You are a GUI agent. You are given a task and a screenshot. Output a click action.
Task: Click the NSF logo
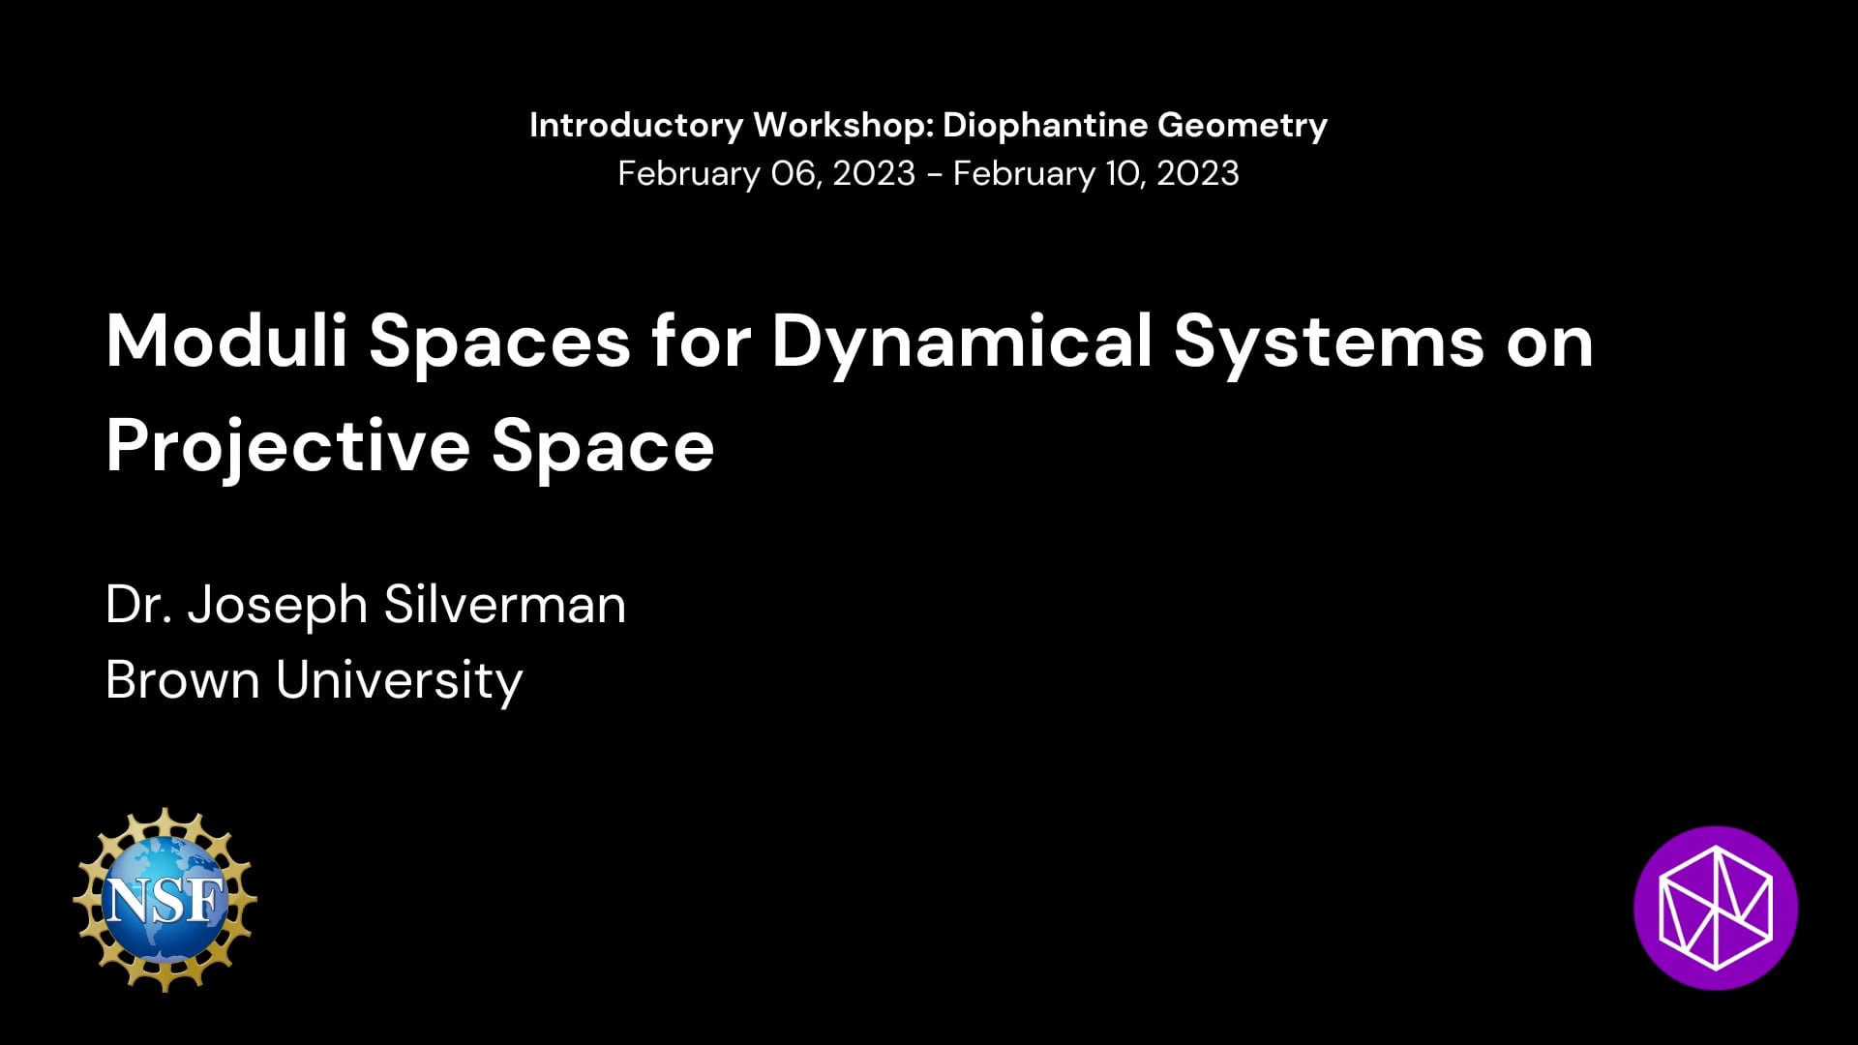point(165,899)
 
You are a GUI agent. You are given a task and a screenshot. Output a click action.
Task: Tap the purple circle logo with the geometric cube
point(1716,908)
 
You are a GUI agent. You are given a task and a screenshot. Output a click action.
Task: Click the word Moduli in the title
point(226,342)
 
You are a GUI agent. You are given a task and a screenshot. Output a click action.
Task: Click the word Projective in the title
point(287,447)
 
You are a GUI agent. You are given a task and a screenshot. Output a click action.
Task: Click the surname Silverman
point(505,605)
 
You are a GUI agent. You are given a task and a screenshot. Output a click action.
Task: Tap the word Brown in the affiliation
point(183,680)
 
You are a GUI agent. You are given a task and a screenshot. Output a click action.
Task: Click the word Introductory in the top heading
point(637,126)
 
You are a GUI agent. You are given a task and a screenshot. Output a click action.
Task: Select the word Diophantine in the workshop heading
point(1044,126)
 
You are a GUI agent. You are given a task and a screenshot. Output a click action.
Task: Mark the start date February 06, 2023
point(766,174)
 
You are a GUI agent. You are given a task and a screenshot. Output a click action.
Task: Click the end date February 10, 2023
point(1096,174)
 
